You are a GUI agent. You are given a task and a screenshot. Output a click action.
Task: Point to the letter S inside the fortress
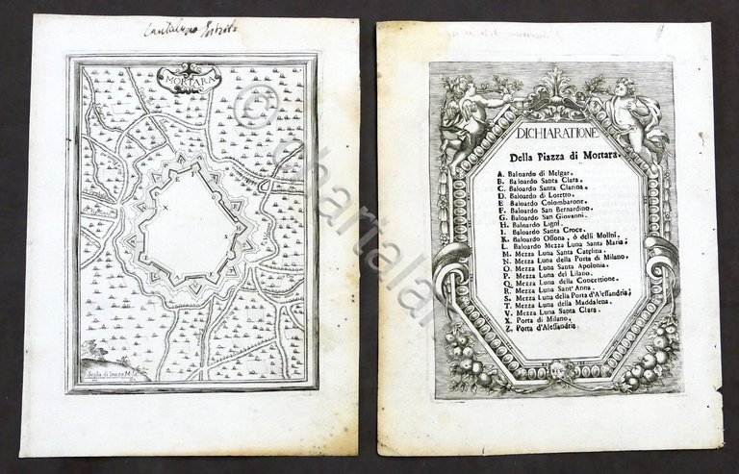(x=227, y=235)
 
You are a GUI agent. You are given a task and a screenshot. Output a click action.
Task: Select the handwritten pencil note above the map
(x=182, y=30)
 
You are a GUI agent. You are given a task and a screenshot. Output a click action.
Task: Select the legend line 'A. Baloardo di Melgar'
(x=530, y=173)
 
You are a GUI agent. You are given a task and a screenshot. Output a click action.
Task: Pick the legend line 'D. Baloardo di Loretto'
(x=531, y=197)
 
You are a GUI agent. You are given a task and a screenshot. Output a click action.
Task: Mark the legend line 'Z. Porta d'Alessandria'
(x=535, y=330)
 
